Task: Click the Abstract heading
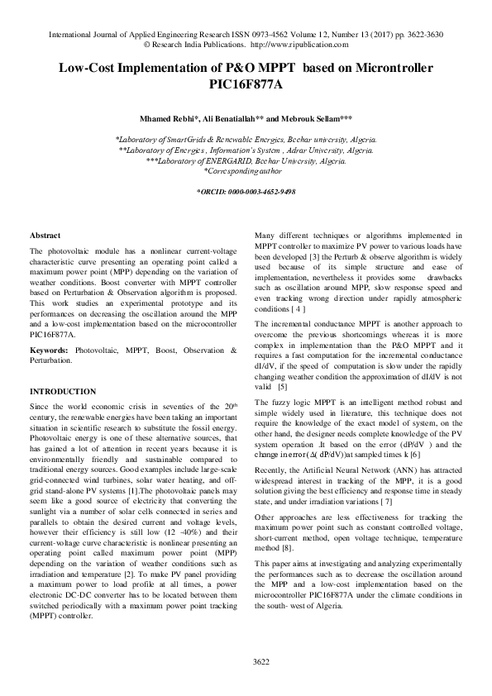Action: tap(45, 236)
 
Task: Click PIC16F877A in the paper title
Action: tap(246, 83)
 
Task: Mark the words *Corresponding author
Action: tap(246, 171)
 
